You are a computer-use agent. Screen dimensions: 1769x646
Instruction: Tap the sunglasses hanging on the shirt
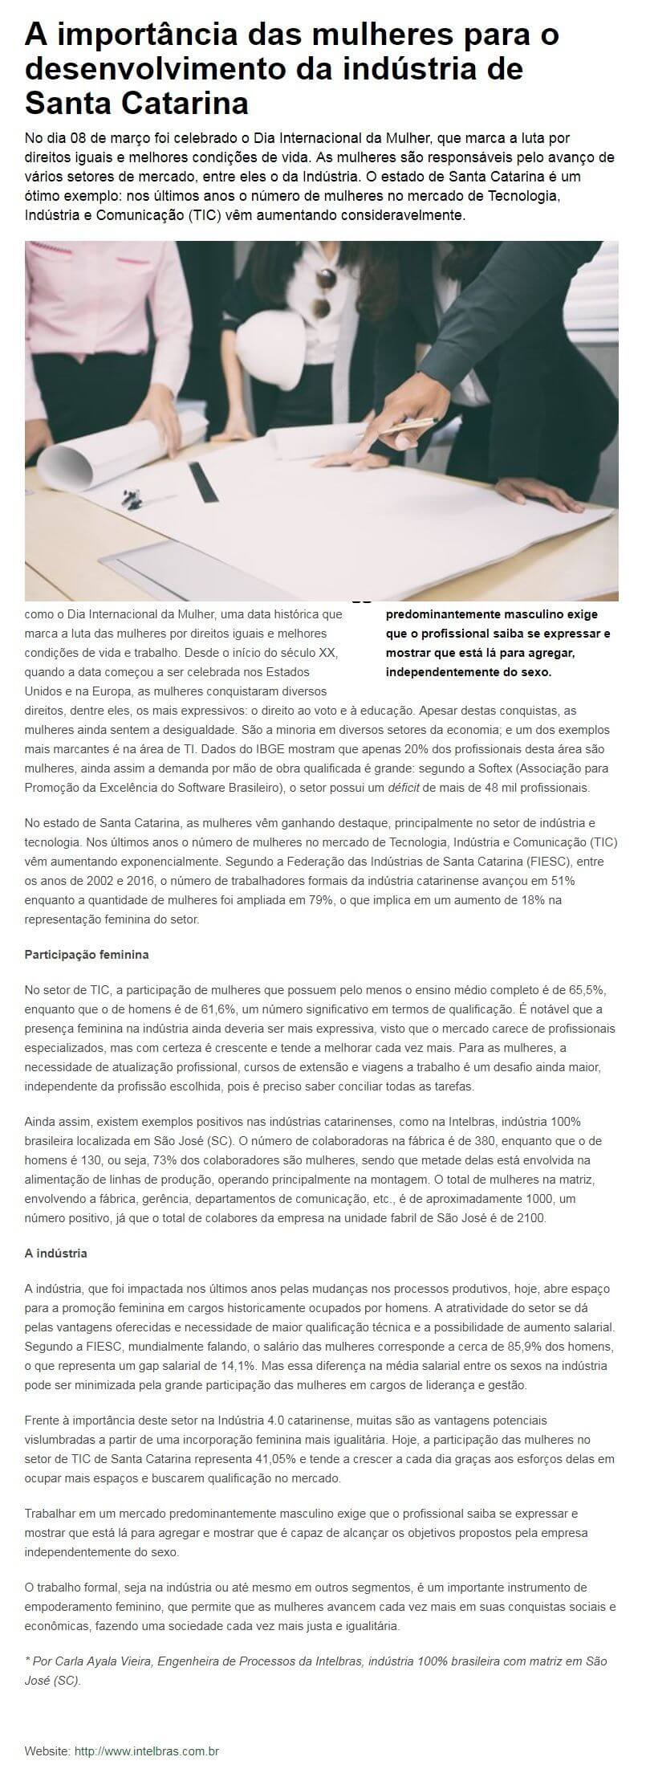coord(323,292)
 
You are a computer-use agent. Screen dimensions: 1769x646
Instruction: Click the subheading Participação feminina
coord(87,955)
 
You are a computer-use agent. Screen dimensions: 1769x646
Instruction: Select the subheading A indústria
coord(56,1253)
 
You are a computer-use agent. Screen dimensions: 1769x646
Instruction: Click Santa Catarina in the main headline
coord(136,103)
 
